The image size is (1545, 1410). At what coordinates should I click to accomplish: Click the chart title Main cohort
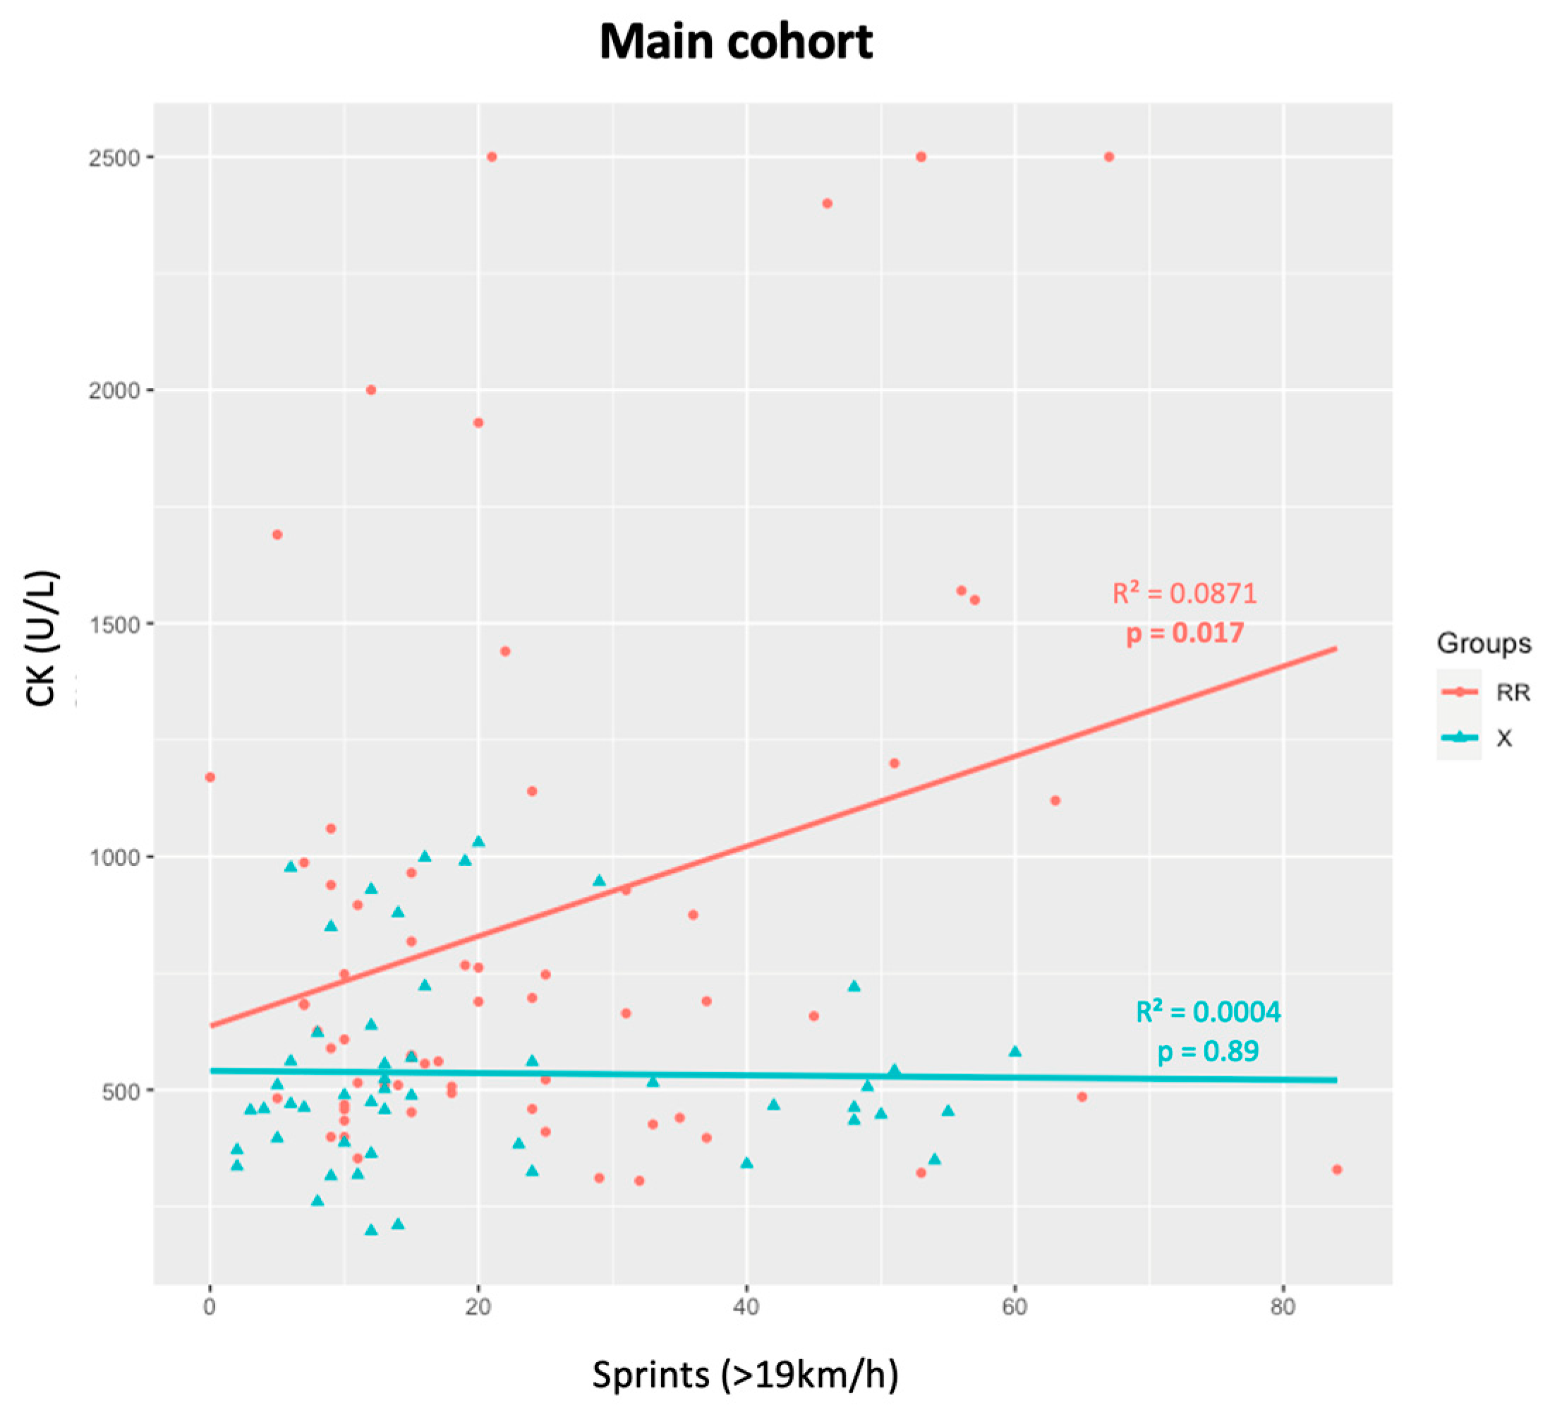[x=736, y=42]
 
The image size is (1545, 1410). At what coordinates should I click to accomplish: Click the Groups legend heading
[x=1484, y=644]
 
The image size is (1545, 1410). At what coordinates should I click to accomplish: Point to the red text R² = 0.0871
[x=1184, y=593]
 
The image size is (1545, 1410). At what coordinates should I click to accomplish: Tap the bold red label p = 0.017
[x=1184, y=633]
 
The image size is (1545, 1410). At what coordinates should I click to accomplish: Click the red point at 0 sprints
[x=210, y=778]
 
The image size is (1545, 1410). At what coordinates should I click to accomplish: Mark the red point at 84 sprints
[x=1337, y=1169]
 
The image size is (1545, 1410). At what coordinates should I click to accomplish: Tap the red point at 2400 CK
[x=827, y=203]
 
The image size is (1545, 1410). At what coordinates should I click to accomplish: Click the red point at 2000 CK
[x=371, y=390]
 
